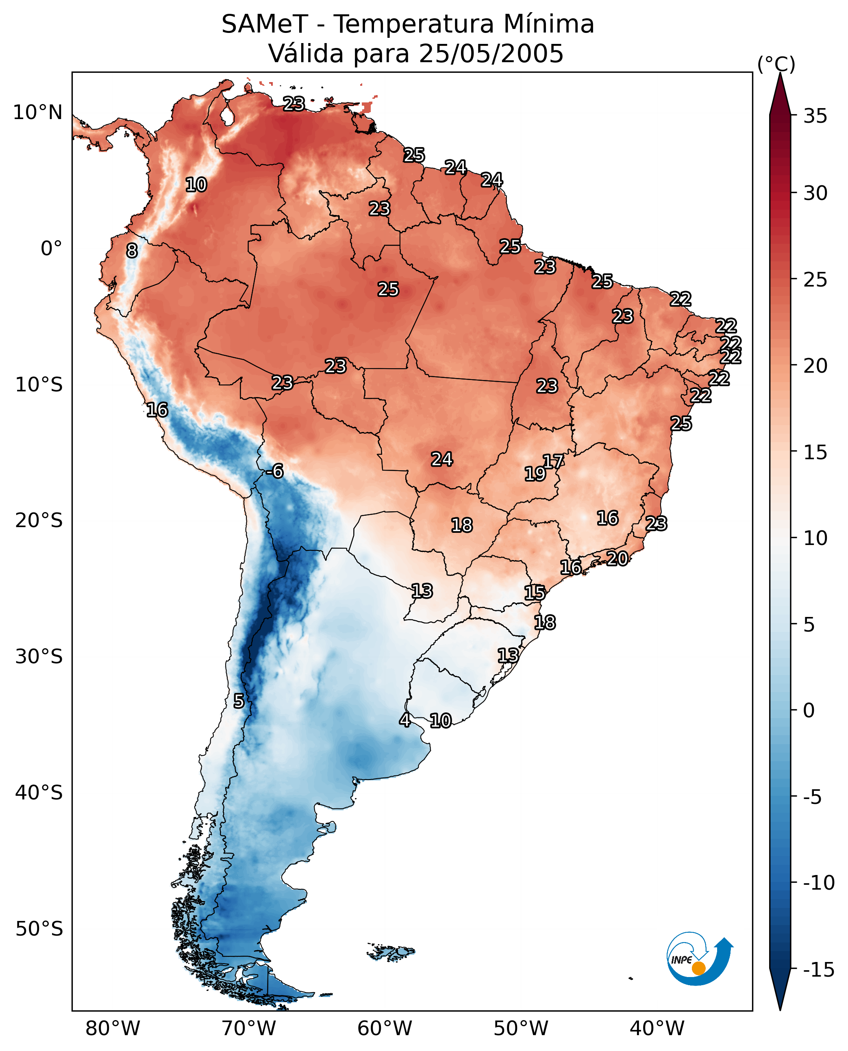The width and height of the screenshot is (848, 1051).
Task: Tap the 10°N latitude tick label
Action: pos(38,113)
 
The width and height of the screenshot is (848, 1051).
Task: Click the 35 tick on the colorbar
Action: pos(815,116)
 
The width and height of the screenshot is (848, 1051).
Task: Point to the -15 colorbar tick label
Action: pos(819,969)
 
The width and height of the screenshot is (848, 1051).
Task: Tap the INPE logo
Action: pos(700,959)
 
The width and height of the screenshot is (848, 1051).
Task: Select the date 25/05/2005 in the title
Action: pos(491,53)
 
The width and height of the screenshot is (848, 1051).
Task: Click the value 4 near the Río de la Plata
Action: pos(405,720)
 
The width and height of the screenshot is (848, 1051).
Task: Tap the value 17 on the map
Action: pos(553,462)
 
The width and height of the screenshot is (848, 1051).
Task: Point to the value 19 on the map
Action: pos(535,474)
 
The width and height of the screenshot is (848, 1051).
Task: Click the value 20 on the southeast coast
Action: pos(618,559)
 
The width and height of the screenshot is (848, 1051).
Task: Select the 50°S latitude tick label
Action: pos(39,928)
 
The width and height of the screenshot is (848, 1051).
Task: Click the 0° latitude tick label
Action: pos(52,249)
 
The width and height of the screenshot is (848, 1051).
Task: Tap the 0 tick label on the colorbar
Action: pos(809,710)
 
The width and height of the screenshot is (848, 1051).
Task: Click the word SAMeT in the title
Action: pos(265,24)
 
